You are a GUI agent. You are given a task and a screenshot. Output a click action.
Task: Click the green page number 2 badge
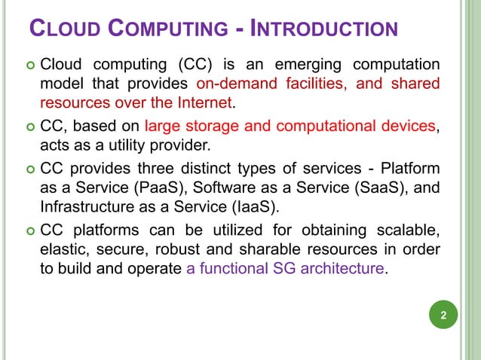click(x=443, y=316)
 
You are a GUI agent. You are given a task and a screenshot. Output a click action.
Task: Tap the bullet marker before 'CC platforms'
click(x=29, y=231)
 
